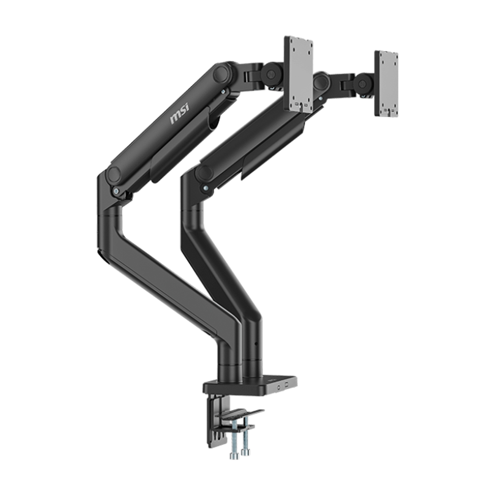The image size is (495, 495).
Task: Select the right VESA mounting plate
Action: pyautogui.click(x=386, y=83)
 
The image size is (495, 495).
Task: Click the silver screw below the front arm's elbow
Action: pyautogui.click(x=117, y=191)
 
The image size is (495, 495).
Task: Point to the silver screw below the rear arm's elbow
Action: pyautogui.click(x=205, y=188)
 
